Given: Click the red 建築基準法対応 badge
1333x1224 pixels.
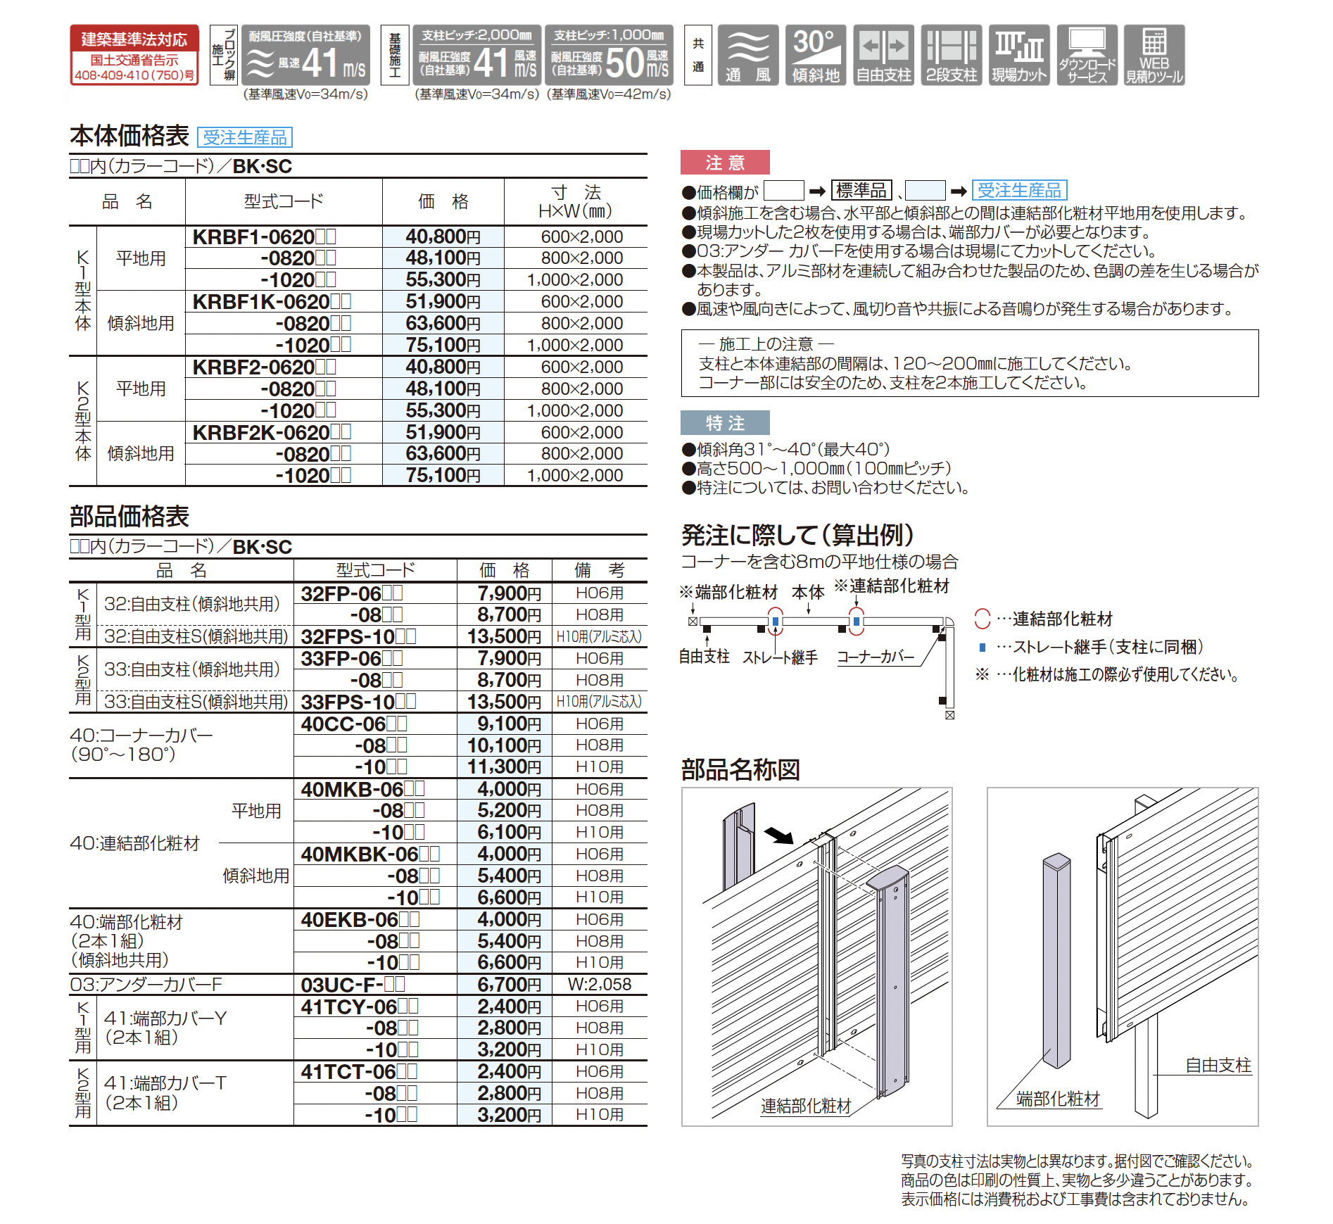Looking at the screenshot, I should [x=134, y=55].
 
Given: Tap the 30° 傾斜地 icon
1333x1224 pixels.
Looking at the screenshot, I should [x=816, y=55].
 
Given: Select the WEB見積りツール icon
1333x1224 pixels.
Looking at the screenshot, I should [x=1154, y=55].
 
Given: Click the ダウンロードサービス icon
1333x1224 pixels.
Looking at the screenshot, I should [x=1087, y=55].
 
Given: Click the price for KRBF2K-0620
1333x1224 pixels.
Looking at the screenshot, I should [x=443, y=432].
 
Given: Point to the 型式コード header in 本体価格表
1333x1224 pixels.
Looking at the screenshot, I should [x=283, y=201].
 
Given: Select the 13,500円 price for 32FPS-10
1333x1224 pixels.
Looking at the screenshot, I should [x=504, y=636].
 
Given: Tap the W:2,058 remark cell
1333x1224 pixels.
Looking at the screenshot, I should [x=600, y=984].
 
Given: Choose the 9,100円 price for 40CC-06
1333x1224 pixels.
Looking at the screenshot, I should [x=504, y=724].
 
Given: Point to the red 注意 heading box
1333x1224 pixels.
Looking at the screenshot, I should [x=724, y=163].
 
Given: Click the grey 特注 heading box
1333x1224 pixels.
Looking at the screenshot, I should [x=724, y=423].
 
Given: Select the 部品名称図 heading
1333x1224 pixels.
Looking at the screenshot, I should [x=740, y=769].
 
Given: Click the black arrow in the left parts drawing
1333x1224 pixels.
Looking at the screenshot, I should [x=779, y=835].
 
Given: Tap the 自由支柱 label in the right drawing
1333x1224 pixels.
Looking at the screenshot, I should [x=1218, y=1065].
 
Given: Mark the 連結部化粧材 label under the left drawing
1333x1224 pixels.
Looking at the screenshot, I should [x=805, y=1106].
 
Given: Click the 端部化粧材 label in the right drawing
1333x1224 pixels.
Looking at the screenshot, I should [x=1058, y=1099].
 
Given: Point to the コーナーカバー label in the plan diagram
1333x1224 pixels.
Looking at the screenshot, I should [x=876, y=657].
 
